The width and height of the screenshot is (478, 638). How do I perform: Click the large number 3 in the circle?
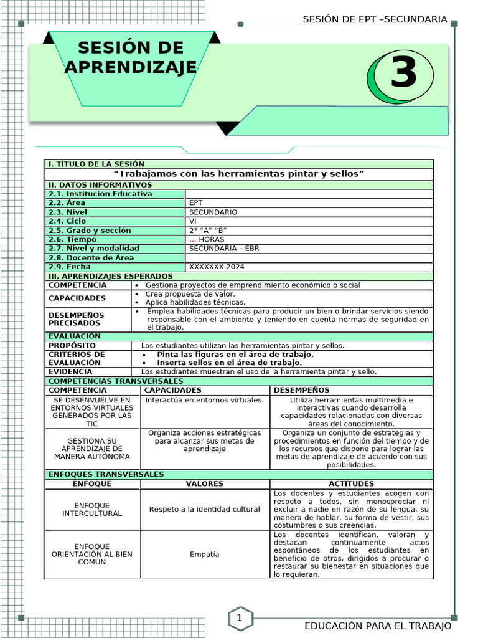click(x=403, y=74)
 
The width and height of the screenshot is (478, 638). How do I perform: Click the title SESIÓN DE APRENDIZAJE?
click(x=131, y=57)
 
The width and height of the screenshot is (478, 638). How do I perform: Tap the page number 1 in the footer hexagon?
click(x=239, y=618)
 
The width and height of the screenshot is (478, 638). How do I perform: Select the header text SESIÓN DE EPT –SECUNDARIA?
click(x=375, y=19)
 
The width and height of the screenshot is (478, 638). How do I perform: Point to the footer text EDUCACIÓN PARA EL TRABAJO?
click(x=377, y=626)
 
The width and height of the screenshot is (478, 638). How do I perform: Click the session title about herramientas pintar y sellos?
click(x=240, y=174)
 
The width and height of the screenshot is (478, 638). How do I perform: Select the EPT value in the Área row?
click(x=196, y=203)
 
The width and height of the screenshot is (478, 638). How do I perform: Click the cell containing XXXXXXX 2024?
click(x=217, y=267)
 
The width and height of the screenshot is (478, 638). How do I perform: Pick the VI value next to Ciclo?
click(x=193, y=221)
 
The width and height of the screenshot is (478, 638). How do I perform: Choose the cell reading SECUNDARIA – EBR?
click(x=224, y=249)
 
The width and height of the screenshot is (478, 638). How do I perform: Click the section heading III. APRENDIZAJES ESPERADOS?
click(x=111, y=276)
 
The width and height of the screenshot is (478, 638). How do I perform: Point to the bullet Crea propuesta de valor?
click(x=190, y=294)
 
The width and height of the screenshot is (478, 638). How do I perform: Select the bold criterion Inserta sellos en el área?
click(x=229, y=363)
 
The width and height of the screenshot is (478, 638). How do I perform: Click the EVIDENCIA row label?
click(x=70, y=372)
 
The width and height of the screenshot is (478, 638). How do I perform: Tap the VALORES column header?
click(x=205, y=484)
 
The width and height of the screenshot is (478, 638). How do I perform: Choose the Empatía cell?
click(x=205, y=555)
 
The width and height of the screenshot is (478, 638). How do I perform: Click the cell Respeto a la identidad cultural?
click(x=205, y=510)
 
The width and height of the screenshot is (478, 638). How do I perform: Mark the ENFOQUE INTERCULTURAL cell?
click(x=92, y=510)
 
